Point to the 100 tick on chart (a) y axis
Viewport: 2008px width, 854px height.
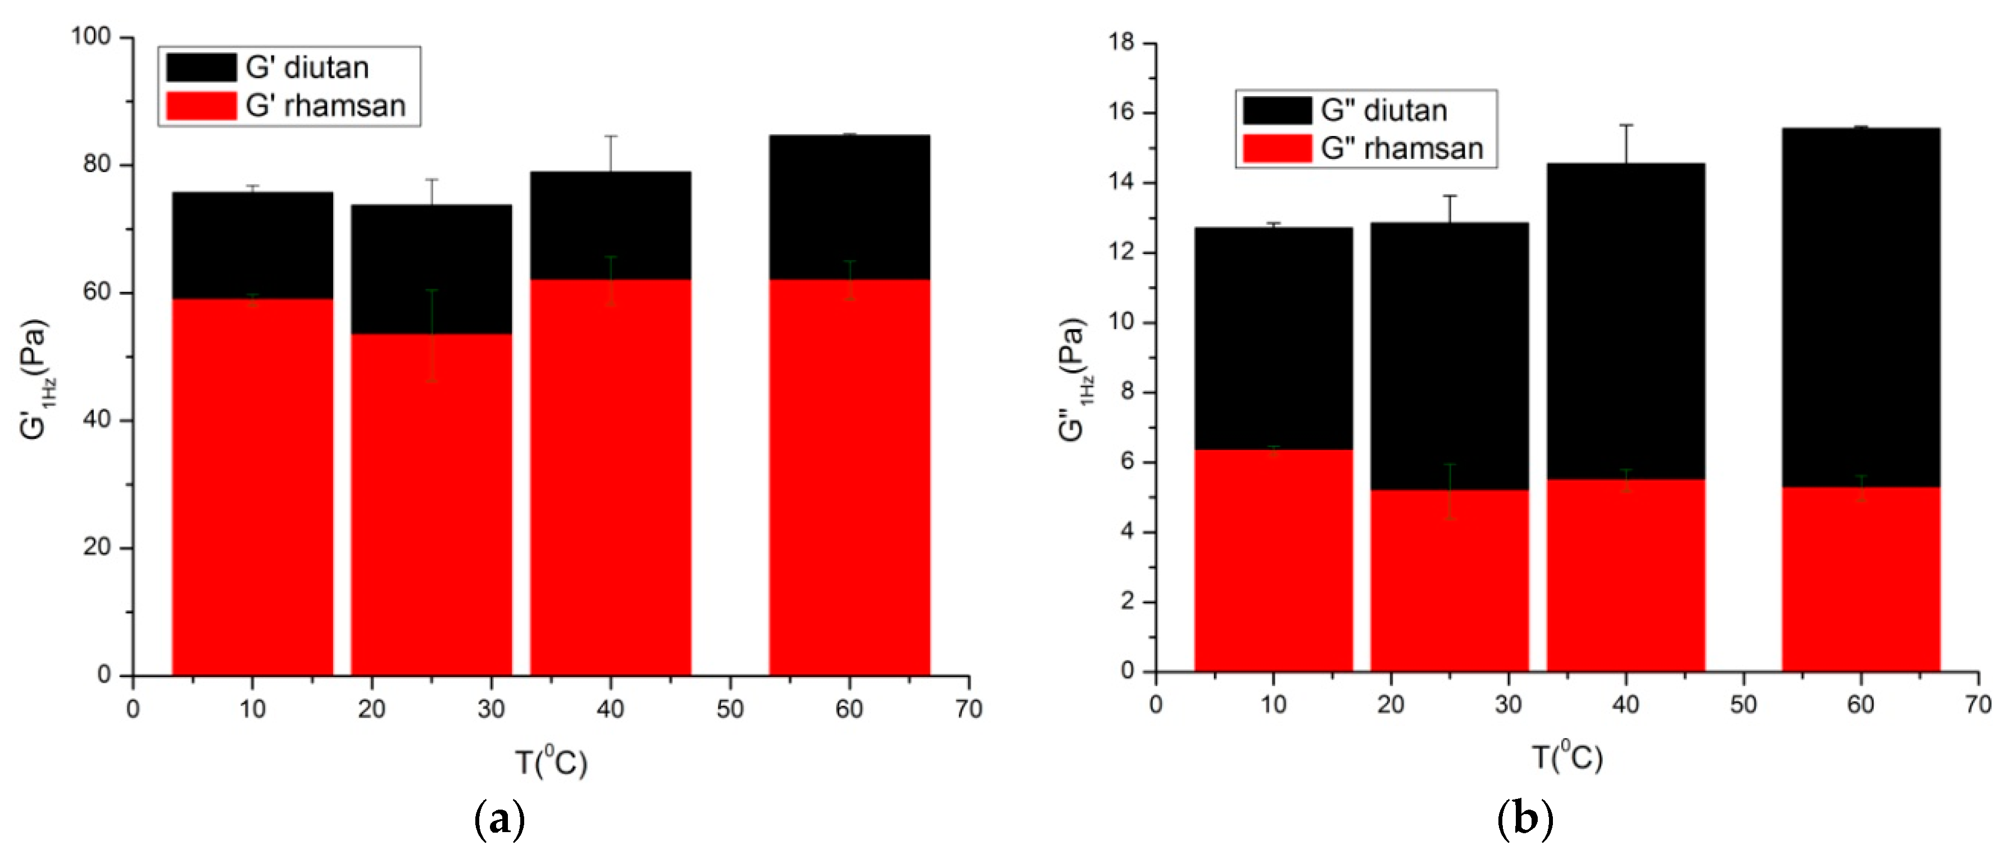click(x=91, y=37)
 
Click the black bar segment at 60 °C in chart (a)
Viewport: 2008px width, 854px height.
click(x=849, y=207)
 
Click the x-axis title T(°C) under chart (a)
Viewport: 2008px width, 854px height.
click(x=551, y=761)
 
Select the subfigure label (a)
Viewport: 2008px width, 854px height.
click(x=499, y=820)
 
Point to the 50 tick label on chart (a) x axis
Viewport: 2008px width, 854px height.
click(x=730, y=709)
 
